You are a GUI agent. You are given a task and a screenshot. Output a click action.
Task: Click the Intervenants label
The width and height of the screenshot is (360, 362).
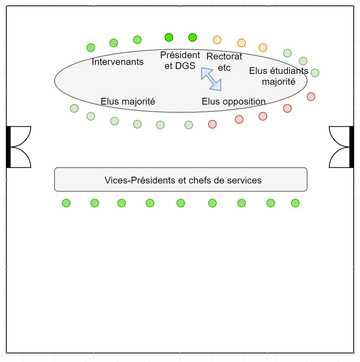click(x=118, y=62)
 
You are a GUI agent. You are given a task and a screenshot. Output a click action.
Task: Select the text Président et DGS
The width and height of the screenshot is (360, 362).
click(x=180, y=60)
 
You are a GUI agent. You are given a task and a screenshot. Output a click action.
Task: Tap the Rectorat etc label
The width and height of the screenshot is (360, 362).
click(x=224, y=62)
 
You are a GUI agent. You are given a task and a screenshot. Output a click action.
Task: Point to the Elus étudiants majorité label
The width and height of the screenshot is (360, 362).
click(x=278, y=76)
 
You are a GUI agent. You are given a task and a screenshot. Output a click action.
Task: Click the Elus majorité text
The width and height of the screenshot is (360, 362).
click(x=128, y=101)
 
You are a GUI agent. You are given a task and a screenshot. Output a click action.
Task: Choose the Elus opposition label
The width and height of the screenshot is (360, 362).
click(x=233, y=101)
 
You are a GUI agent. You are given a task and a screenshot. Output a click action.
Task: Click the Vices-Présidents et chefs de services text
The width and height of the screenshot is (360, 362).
click(x=183, y=180)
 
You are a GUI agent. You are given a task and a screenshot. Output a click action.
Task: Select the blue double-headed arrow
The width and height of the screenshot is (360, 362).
click(x=211, y=79)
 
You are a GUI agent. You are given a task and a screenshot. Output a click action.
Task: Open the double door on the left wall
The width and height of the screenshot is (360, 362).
click(x=19, y=147)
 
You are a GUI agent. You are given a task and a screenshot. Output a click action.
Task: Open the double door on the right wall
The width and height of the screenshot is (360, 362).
click(x=341, y=147)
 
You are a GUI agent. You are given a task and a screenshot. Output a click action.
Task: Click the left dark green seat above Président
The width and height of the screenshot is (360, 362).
click(x=169, y=37)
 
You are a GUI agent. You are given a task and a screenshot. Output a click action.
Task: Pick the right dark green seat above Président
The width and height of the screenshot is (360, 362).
click(x=193, y=37)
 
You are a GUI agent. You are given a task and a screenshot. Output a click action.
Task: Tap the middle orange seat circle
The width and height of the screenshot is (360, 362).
click(x=241, y=43)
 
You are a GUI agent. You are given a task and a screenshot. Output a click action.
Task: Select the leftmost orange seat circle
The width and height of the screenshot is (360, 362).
click(x=217, y=40)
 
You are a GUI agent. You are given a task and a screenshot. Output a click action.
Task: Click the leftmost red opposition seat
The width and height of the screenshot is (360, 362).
click(x=212, y=124)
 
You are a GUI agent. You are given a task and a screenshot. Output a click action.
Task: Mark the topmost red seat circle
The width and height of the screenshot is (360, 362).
click(x=311, y=96)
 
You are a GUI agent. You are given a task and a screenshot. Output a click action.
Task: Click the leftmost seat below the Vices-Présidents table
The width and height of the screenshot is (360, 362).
click(x=66, y=203)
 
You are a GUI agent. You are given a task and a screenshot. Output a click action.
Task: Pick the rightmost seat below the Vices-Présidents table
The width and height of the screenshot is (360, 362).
click(x=295, y=203)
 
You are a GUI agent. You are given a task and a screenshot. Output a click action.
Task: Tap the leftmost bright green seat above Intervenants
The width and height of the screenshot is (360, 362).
click(x=91, y=47)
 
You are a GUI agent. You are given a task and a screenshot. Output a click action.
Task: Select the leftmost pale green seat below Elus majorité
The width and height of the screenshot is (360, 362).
click(x=74, y=108)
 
